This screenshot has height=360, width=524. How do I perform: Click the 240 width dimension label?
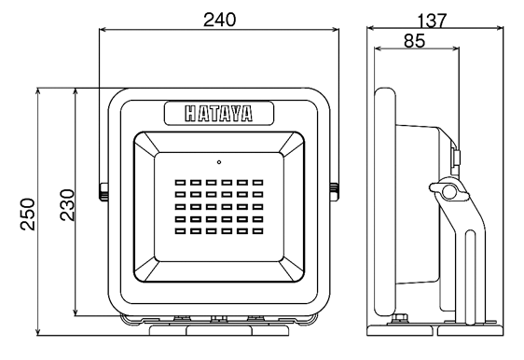click(x=219, y=20)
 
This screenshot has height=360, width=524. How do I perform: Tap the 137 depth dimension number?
click(x=432, y=21)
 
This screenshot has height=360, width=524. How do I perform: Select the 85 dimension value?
click(x=414, y=41)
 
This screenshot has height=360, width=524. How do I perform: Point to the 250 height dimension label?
click(x=27, y=215)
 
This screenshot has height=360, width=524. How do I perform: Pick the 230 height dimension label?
click(x=67, y=205)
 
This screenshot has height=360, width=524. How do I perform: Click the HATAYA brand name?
click(x=219, y=114)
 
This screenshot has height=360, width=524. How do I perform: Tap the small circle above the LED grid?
click(x=219, y=162)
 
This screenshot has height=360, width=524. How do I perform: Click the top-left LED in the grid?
click(x=180, y=183)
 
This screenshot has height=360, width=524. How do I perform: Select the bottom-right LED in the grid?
click(x=257, y=230)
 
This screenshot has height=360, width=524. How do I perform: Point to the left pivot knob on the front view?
click(x=103, y=192)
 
